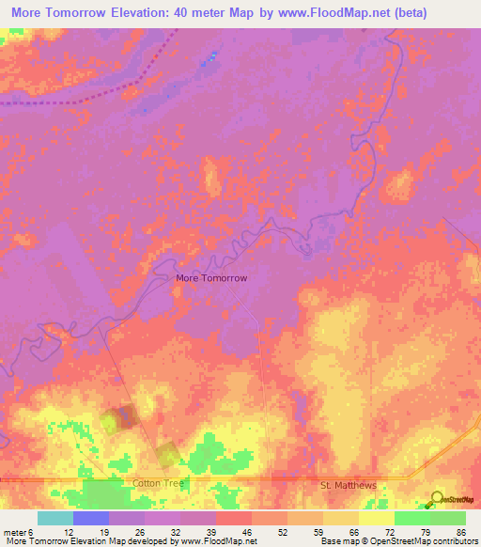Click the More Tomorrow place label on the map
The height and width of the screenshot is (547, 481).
(211, 278)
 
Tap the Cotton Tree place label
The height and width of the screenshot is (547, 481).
(155, 482)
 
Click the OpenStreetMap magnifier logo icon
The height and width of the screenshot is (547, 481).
(437, 499)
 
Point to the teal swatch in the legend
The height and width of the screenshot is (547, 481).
(54, 518)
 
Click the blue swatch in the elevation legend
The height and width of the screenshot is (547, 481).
(90, 518)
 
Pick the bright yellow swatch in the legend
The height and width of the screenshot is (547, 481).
(376, 518)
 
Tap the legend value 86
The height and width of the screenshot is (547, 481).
(461, 532)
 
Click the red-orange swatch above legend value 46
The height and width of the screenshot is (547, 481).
(233, 518)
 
